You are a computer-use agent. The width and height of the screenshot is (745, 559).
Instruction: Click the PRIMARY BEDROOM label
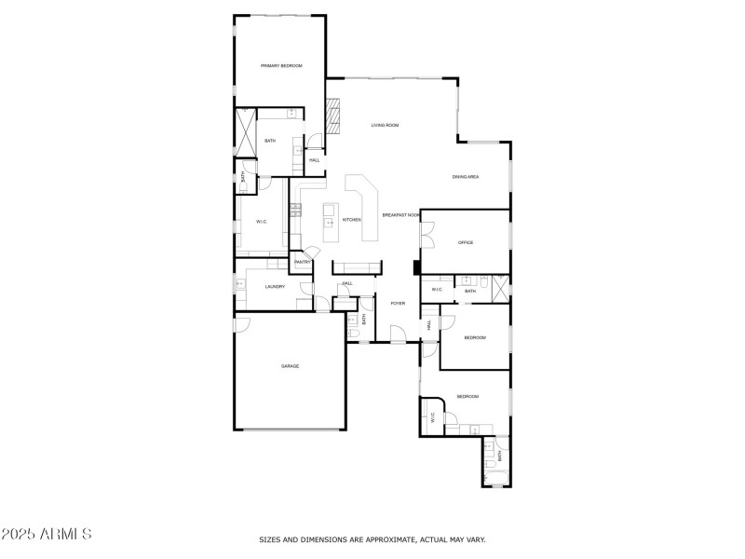pyautogui.click(x=281, y=65)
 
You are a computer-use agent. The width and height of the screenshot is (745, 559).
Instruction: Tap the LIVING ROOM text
pyautogui.click(x=385, y=125)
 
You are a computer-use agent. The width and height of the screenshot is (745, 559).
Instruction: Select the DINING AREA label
pyautogui.click(x=465, y=177)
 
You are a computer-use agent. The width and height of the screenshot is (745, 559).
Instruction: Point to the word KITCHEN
pyautogui.click(x=351, y=220)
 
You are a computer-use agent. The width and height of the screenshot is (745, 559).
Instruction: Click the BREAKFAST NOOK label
pyautogui.click(x=400, y=215)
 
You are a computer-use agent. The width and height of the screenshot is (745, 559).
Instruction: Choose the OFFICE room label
pyautogui.click(x=465, y=242)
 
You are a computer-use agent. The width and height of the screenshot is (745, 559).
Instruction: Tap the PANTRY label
pyautogui.click(x=302, y=263)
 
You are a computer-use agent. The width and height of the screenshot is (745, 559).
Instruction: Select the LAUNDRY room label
pyautogui.click(x=275, y=286)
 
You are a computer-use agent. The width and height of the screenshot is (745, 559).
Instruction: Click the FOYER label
pyautogui.click(x=398, y=303)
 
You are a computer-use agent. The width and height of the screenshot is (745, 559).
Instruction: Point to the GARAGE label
pyautogui.click(x=290, y=366)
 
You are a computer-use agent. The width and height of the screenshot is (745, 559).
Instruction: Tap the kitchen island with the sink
pyautogui.click(x=330, y=217)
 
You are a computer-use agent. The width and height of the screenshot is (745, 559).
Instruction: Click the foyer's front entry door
pyautogui.click(x=397, y=334)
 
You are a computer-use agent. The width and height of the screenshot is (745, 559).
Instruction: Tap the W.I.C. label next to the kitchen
pyautogui.click(x=262, y=221)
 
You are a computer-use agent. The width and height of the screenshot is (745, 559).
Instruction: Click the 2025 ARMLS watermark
pyautogui.click(x=47, y=534)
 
